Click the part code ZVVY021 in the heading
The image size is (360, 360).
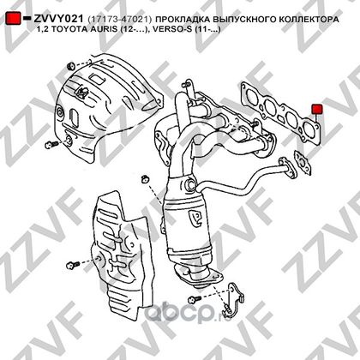click(x=58, y=19)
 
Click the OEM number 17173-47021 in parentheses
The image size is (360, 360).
click(x=120, y=20)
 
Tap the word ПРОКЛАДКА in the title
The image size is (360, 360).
click(x=183, y=20)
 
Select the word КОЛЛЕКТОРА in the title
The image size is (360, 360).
click(x=309, y=20)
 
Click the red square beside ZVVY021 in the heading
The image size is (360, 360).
click(x=13, y=18)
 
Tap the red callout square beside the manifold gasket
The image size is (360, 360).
click(x=317, y=109)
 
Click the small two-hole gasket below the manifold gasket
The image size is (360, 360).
click(x=303, y=163)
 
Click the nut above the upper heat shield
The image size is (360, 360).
click(x=70, y=67)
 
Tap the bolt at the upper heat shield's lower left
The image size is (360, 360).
click(x=51, y=145)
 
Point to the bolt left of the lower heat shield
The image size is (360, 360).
click(x=73, y=266)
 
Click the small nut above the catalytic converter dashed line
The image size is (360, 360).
click(x=146, y=178)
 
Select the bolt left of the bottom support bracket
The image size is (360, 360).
click(x=195, y=299)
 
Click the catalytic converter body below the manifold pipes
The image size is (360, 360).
click(x=189, y=225)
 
